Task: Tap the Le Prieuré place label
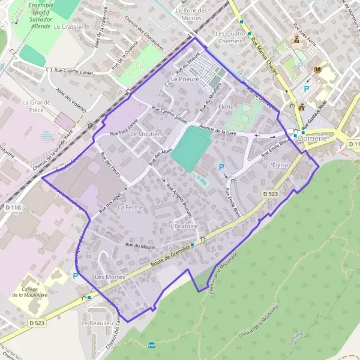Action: pos(184,79)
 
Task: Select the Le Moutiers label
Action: pos(146,134)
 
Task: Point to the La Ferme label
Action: pos(130,207)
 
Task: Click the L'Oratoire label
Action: pos(184,226)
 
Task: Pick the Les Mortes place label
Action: pos(110,277)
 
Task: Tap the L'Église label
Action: pos(279,165)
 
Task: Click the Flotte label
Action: pos(226,107)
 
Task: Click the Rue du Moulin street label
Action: pos(140,245)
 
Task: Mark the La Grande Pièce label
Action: pos(38,106)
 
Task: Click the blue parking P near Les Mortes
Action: pos(76,276)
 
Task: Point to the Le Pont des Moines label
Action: pos(191,14)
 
